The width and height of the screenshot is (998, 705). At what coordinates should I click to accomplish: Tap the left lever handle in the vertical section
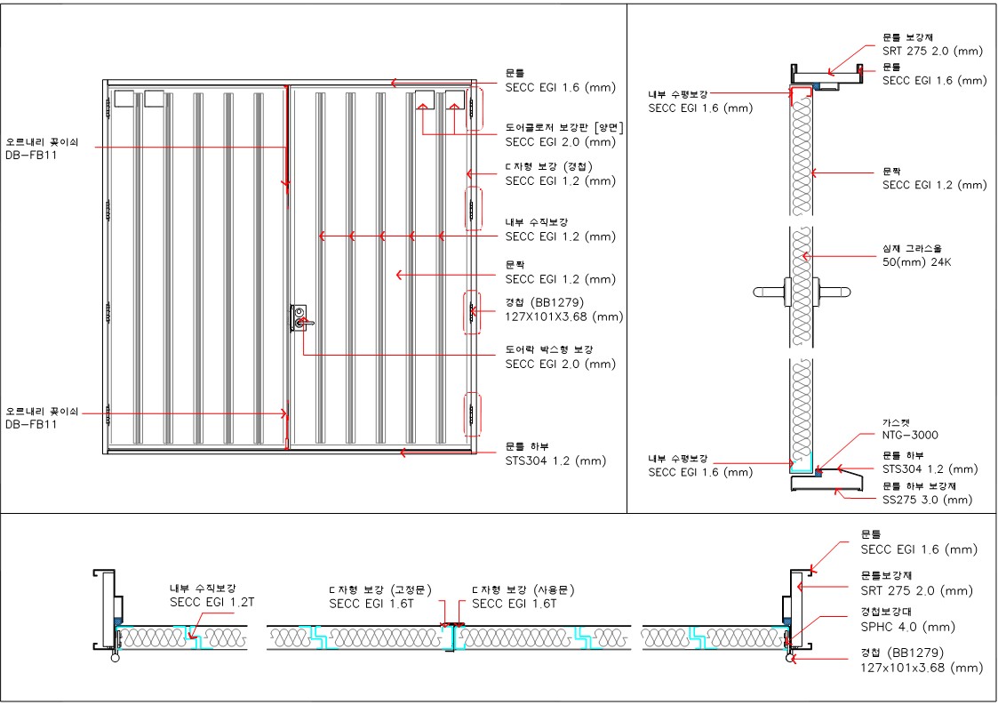click(769, 292)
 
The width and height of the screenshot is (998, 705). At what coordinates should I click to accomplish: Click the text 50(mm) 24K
click(916, 261)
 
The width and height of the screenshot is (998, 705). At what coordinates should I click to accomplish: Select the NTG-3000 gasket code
click(910, 435)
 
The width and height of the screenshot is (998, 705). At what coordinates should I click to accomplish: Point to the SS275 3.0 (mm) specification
click(928, 500)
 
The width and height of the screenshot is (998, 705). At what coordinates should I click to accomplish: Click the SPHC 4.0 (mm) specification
click(907, 628)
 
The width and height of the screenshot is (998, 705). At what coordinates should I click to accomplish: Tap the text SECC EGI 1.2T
click(212, 603)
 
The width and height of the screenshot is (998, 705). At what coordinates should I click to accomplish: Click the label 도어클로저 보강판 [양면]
click(564, 128)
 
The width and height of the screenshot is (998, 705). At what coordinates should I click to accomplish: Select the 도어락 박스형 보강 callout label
click(549, 349)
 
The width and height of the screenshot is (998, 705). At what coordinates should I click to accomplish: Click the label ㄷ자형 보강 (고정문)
click(380, 590)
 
